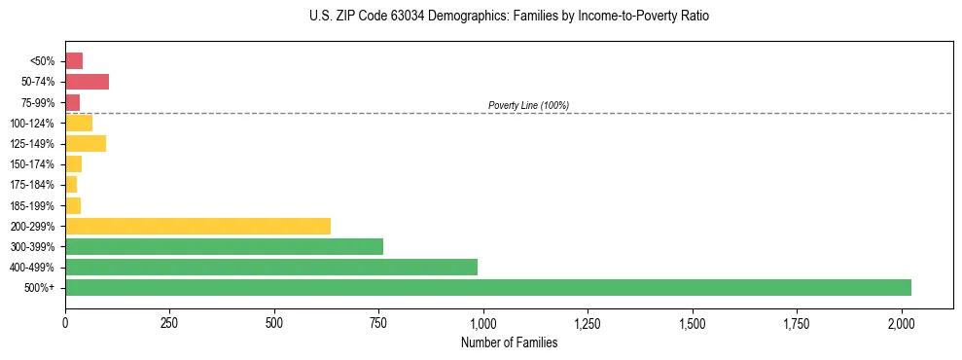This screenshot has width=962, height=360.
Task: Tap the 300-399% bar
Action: click(x=224, y=246)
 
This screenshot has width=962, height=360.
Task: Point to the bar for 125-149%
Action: click(x=86, y=143)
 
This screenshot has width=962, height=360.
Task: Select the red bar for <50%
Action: click(x=74, y=61)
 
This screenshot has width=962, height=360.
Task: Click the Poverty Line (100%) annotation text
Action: click(x=528, y=105)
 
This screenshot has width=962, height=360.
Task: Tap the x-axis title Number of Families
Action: click(x=509, y=342)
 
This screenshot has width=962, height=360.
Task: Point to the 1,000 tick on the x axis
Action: click(x=483, y=323)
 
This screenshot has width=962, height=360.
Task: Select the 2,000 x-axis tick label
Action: click(x=902, y=323)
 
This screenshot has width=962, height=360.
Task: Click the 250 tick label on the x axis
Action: click(x=170, y=323)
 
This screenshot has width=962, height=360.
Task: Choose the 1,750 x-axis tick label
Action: click(x=797, y=323)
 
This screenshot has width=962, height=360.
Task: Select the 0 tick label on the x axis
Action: click(x=65, y=323)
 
